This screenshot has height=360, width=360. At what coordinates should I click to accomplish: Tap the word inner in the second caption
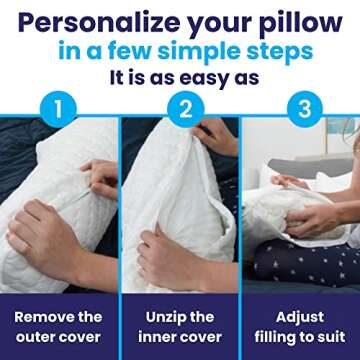pyautogui.click(x=153, y=336)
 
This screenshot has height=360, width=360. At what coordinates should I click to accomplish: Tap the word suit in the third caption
pyautogui.click(x=334, y=336)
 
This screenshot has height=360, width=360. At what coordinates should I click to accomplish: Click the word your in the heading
pyautogui.click(x=212, y=22)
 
